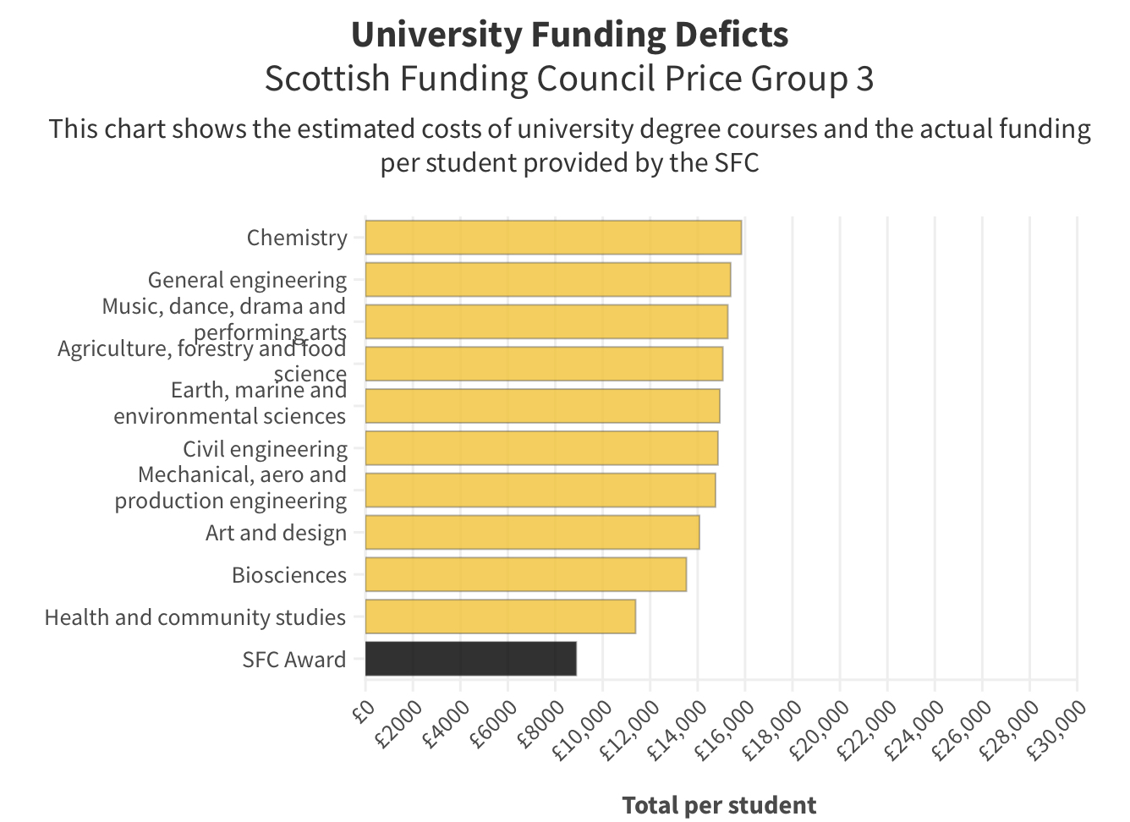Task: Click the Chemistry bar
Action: point(553,237)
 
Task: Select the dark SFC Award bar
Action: point(470,659)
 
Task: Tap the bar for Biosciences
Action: point(525,574)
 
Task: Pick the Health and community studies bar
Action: point(500,616)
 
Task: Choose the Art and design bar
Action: point(532,532)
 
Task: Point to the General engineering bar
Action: point(547,279)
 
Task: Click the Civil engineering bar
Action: point(541,448)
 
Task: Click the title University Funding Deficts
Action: point(569,35)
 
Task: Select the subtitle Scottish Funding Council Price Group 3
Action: point(569,79)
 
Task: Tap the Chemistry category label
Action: point(297,238)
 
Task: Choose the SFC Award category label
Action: point(293,660)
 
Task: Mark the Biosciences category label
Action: point(289,575)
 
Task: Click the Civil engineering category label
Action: point(265,449)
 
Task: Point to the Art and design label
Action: point(276,533)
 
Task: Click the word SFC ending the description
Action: point(737,162)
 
